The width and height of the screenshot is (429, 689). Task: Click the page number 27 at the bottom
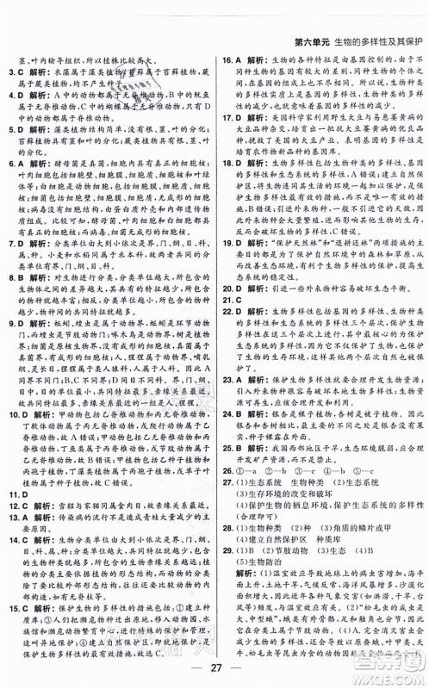coord(214,671)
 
